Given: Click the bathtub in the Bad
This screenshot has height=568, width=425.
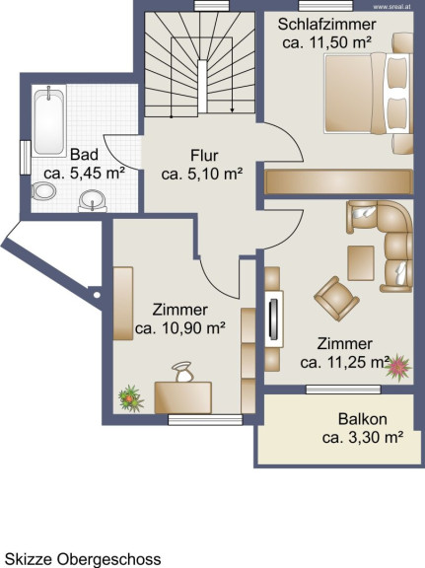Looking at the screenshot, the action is point(49,121).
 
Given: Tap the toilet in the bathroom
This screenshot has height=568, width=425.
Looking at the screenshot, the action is point(43,191).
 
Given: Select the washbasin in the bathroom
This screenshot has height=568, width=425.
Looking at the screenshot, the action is point(93,201).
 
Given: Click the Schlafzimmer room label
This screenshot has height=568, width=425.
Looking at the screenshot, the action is point(326,25).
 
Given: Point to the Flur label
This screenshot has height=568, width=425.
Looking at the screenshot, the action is point(204,156).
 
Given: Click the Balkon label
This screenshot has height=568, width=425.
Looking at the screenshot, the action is point(362,419).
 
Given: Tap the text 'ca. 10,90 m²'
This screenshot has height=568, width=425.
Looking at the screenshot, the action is point(180,328).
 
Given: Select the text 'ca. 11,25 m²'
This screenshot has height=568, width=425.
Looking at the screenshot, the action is point(344,362).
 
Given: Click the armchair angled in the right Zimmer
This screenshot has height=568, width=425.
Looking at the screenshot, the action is point(336,299).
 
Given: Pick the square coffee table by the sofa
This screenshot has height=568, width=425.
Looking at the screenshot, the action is point(361,263).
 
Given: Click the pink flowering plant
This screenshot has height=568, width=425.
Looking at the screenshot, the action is point(397,367).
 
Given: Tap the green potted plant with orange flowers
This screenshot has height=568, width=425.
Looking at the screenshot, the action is point(131,398).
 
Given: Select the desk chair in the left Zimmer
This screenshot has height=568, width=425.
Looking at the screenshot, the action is point(183,372).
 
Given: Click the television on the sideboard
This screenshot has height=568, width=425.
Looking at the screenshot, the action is point(274,319).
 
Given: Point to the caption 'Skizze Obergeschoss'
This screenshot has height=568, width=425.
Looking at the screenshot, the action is point(84,559).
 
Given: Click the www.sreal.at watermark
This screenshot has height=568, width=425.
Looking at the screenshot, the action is point(392,7).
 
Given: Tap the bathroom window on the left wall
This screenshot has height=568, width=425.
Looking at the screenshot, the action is point(26,158).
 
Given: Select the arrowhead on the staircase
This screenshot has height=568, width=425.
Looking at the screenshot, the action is point(232,109).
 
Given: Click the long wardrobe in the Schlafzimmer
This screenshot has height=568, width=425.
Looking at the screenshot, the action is point(339,181).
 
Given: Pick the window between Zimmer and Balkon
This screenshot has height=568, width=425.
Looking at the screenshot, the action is point(343,390).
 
